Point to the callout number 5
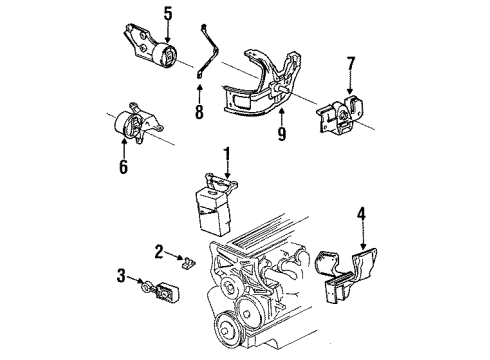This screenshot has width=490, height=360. [x=167, y=14]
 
